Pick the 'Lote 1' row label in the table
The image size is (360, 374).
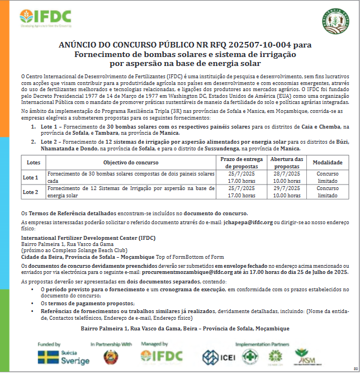coord(31,177)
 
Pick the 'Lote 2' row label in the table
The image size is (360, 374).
coord(31,192)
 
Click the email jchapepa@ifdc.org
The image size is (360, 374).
coord(247,222)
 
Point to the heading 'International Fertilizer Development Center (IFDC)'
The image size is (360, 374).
coord(88,238)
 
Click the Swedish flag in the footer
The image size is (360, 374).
coord(46,357)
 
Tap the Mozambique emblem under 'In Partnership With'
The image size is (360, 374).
coord(111,357)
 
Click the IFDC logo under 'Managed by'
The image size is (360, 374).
coord(162,357)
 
